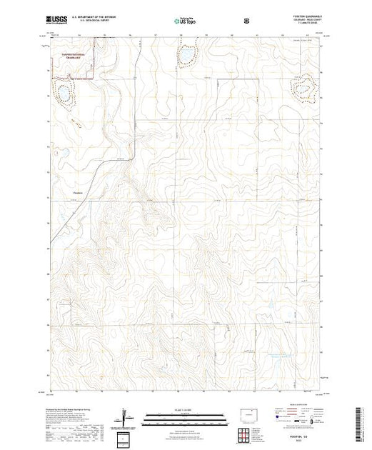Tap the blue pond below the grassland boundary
tap(63, 93)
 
